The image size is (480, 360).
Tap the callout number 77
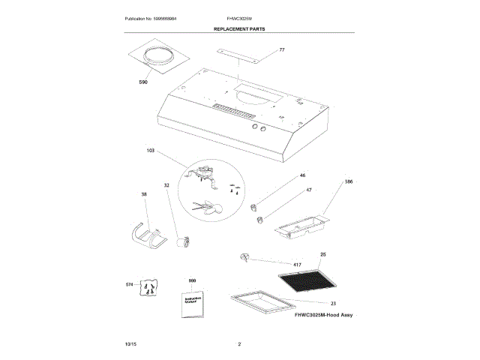[282, 49]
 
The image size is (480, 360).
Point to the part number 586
[348, 182]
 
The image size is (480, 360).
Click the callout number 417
[297, 265]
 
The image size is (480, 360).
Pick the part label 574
[128, 284]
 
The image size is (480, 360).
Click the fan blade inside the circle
[206, 206]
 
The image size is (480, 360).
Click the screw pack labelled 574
[152, 287]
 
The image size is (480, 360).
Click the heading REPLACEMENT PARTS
[239, 28]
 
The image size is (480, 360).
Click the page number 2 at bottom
[239, 343]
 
